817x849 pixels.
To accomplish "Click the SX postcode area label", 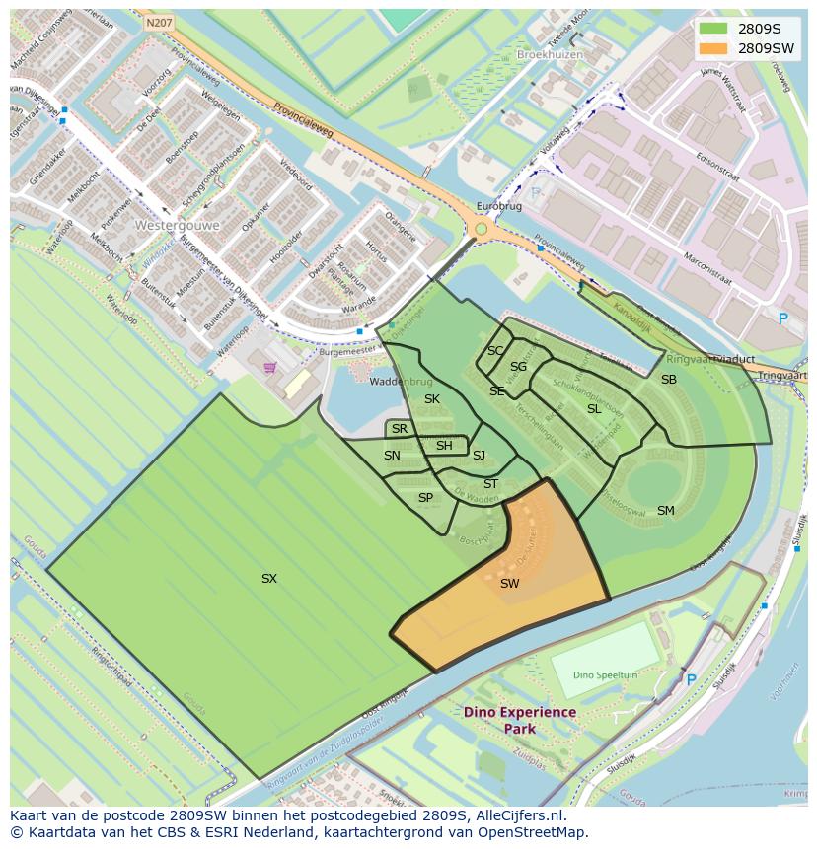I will pos(269,579).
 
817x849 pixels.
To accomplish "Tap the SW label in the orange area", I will pos(509,584).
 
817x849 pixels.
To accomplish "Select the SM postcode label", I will pos(666,511).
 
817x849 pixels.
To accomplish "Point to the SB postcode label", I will pos(669,380).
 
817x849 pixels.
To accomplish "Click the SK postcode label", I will pos(432,399).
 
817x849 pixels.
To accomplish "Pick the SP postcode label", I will pos(425,498).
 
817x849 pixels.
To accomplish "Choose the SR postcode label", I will pos(400,429).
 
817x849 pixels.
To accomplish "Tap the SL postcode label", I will pos(594,409).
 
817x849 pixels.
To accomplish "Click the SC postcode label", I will pos(495,351).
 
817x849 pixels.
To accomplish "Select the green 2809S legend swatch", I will pos(713,29).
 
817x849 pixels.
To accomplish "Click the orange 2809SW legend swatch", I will pos(713,48).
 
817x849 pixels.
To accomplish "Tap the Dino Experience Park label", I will pos(520,720).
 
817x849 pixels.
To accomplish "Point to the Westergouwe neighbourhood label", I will pos(177,225).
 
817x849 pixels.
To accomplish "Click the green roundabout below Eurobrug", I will pos(481,229).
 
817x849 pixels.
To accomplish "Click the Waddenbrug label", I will pos(402,382).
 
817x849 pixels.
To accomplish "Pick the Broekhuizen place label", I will pos(550,55).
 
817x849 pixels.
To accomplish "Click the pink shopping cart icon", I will pos(270,368).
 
